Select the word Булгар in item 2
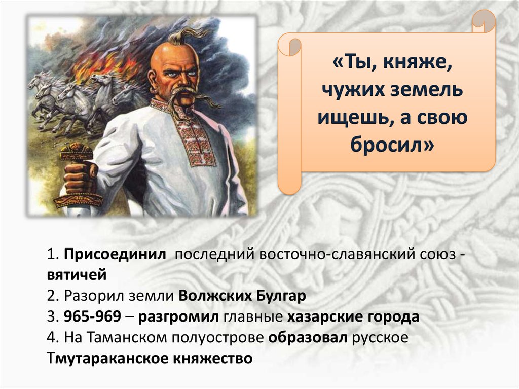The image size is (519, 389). point(280,296)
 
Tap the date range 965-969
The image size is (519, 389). point(92,317)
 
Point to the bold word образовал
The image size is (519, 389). point(308,338)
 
